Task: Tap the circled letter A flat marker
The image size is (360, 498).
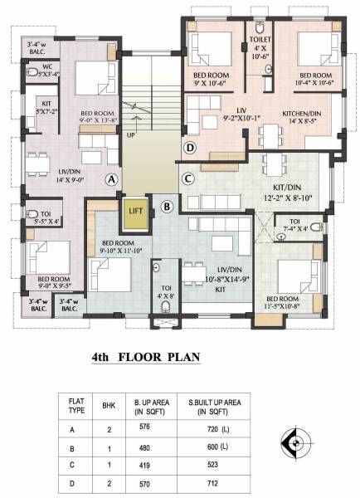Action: point(110,178)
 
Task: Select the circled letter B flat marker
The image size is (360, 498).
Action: point(167,207)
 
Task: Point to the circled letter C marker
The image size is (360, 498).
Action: point(188,178)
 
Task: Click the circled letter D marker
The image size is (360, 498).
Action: point(189,149)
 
